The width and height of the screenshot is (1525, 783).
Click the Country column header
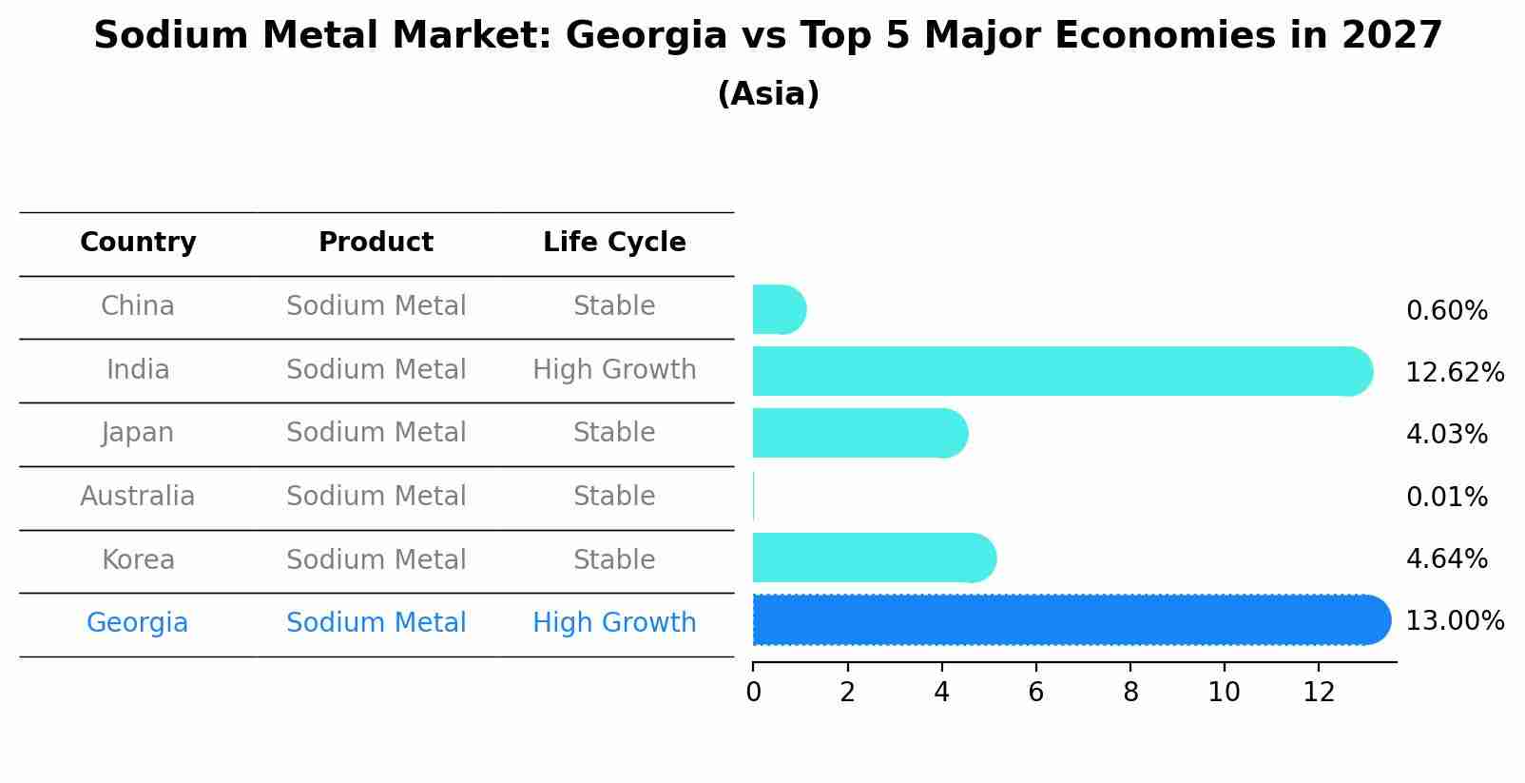(138, 243)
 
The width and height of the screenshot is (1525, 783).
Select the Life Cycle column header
(614, 243)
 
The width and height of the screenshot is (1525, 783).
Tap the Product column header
(376, 243)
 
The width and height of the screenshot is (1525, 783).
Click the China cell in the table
(138, 306)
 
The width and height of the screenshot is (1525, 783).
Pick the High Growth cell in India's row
(614, 370)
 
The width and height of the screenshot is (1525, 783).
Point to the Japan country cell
(138, 433)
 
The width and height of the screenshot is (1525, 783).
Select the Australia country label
(138, 497)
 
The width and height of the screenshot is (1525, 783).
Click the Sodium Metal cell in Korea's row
(376, 560)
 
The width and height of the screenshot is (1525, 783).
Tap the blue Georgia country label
(138, 623)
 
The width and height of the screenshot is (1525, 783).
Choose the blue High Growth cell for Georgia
(614, 623)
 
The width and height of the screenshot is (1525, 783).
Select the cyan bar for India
(1055, 371)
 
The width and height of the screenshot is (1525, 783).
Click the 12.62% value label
(1455, 373)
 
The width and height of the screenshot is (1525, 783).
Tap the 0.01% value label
(1446, 498)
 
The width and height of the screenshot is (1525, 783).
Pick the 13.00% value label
(1455, 621)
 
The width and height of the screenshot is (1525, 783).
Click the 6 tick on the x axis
(1035, 693)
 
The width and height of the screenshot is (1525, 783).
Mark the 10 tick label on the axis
(1224, 693)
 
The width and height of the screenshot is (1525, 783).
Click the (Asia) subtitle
(768, 94)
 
